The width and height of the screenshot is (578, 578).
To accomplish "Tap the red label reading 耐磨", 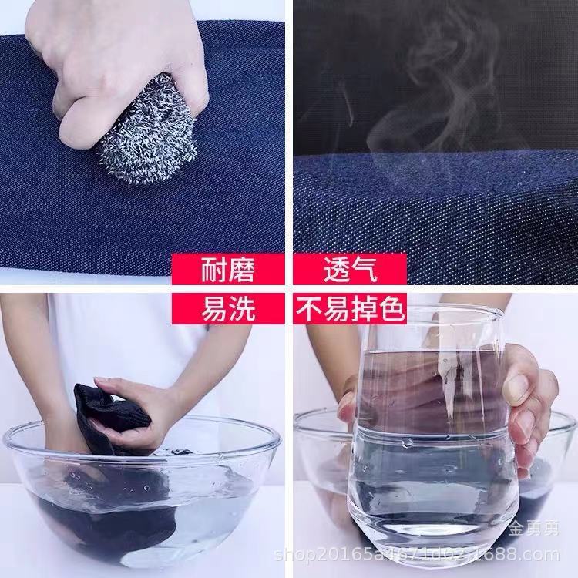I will [227, 271].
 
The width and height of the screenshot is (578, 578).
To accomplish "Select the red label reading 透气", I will [350, 271].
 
